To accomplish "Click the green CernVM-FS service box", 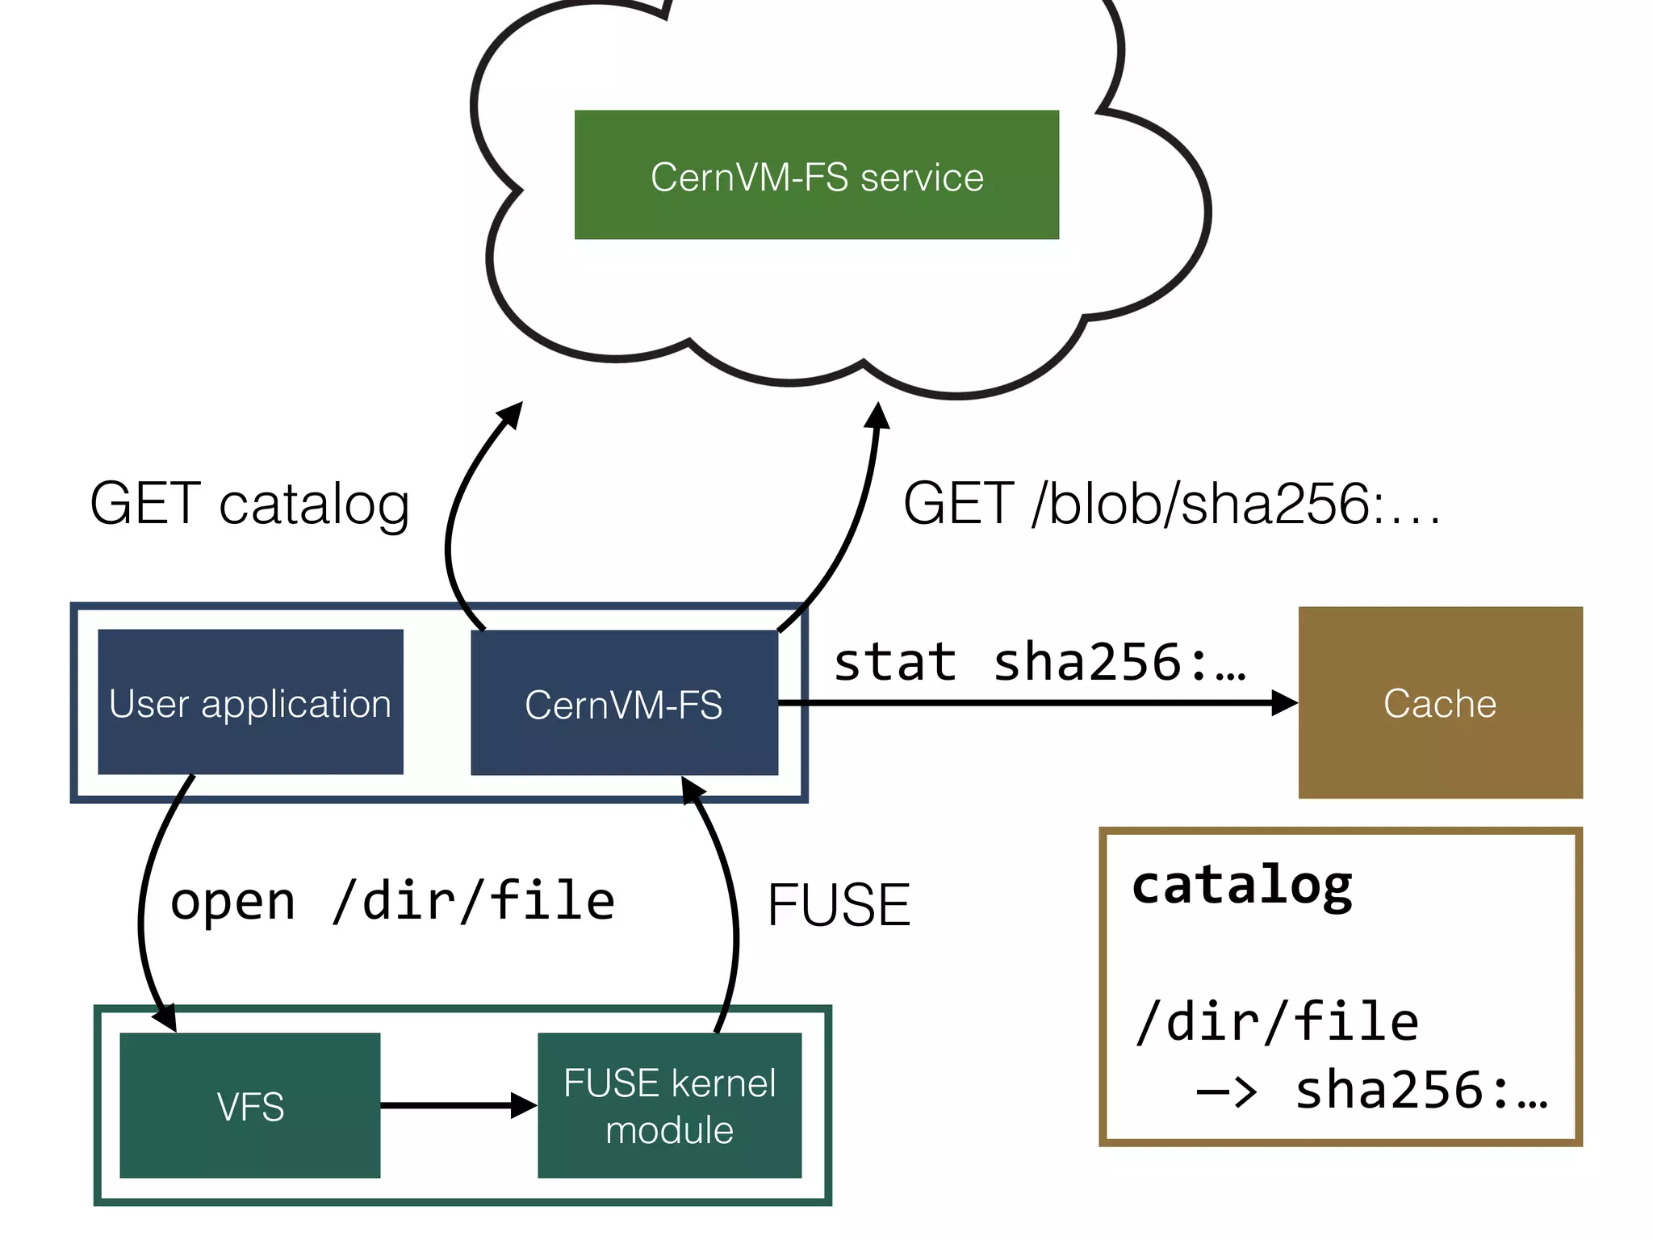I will tap(816, 174).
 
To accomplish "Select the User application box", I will tap(250, 702).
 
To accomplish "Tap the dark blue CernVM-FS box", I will tap(624, 702).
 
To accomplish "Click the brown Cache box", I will tap(1440, 702).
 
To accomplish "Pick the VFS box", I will tap(249, 1104).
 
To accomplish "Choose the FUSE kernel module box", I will tap(669, 1104).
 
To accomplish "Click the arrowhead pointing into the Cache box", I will tap(1283, 702).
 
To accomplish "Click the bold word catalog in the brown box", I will tap(1241, 886).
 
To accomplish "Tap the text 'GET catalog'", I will tap(249, 504).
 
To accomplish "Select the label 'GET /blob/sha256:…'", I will tap(1170, 504).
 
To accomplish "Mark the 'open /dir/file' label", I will tap(392, 901).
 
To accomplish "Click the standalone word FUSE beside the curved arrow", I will tap(839, 904).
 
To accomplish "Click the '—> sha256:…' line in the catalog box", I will tap(1372, 1090).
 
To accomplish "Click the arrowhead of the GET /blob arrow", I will tap(877, 415).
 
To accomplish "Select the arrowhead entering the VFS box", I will tap(166, 1017).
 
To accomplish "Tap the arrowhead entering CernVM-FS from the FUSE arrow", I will tap(691, 790).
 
